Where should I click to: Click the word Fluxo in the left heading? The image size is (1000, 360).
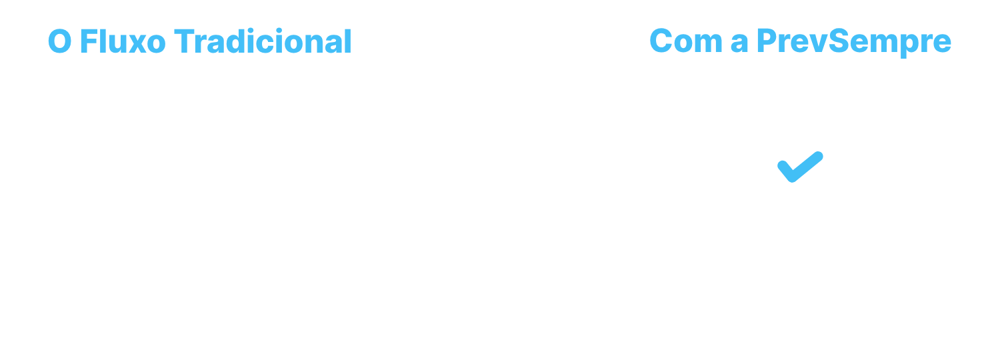(x=123, y=41)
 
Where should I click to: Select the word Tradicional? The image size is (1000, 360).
(x=263, y=41)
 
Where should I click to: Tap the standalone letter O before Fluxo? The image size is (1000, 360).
(x=60, y=41)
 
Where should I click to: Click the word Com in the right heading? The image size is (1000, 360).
(x=686, y=41)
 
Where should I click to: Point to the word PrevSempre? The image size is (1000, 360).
(x=854, y=43)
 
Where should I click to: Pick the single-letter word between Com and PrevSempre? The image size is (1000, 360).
(x=739, y=45)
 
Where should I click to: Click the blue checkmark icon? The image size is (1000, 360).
(x=801, y=167)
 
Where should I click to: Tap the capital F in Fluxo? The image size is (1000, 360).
(x=89, y=41)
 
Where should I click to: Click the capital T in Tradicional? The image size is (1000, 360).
(x=185, y=41)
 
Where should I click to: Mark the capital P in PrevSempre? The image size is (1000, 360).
(x=768, y=41)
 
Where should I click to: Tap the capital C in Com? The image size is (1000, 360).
(x=661, y=41)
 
